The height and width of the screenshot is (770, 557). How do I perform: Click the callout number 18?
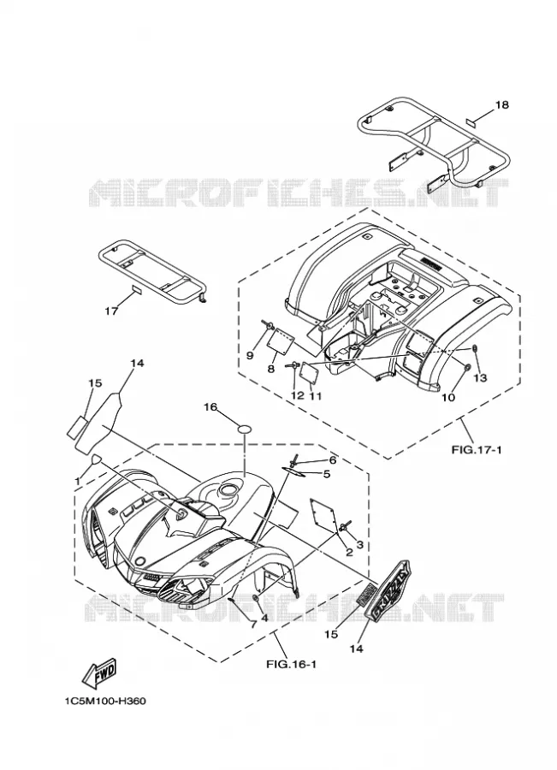pos(501,104)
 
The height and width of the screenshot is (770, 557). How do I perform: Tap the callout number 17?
pos(111,311)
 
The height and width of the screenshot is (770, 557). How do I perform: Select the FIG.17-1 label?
pos(477,449)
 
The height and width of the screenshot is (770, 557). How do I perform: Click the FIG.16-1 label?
pos(291,665)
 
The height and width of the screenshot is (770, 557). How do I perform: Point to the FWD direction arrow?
pos(100,672)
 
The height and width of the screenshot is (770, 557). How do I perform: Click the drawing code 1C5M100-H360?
pos(104,702)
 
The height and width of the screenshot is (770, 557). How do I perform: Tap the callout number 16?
pos(210,407)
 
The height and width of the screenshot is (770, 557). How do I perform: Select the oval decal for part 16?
pos(245,429)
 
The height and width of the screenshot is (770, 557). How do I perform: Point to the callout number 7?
pos(253,625)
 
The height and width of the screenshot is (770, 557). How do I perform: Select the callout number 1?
pos(77,481)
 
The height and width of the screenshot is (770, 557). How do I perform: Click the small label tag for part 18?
pos(471,121)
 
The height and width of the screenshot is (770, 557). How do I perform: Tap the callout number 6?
pos(333,460)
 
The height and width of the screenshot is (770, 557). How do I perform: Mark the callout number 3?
pos(359,545)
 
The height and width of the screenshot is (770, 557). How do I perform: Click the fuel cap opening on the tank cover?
pos(229,489)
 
